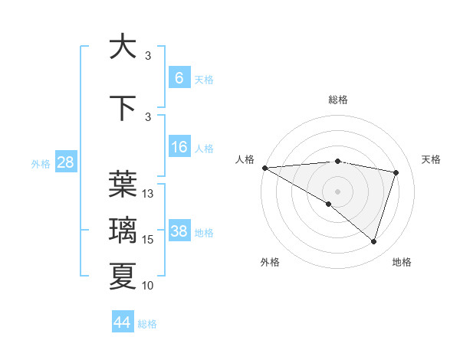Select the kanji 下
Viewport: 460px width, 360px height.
[123, 108]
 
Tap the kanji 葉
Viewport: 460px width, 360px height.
[123, 184]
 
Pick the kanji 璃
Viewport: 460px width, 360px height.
[123, 231]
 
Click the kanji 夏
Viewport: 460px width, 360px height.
[123, 277]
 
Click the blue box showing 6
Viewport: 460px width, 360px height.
[179, 78]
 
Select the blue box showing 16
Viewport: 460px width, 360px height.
[179, 147]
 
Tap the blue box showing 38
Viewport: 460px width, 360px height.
[179, 231]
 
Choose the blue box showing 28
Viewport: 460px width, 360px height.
[65, 162]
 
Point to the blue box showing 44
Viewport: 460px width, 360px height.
[123, 322]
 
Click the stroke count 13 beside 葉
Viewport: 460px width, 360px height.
[148, 194]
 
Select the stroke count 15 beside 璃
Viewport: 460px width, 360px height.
[148, 241]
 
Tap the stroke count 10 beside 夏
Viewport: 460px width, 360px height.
[148, 286]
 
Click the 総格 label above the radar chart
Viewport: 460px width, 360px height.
[337, 100]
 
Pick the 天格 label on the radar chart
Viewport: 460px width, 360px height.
[432, 159]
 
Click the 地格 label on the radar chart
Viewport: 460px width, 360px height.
[402, 262]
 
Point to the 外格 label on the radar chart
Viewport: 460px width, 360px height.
[270, 262]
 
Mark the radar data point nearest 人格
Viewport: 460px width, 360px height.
[264, 168]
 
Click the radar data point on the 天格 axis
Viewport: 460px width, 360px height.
[396, 172]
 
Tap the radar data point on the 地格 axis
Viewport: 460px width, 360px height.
[373, 241]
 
